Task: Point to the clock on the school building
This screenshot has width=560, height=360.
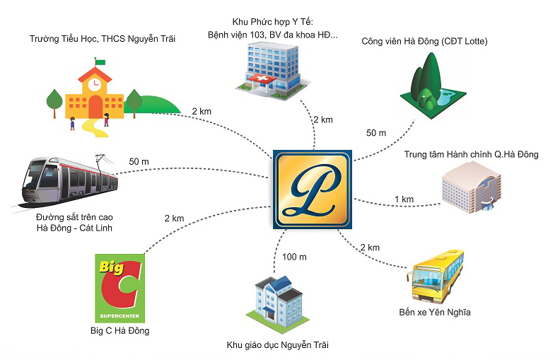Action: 94,85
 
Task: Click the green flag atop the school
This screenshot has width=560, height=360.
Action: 100,62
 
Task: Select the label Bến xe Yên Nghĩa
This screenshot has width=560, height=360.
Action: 435,313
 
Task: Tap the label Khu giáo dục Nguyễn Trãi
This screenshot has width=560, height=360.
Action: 278,345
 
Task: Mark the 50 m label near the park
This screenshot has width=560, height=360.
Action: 376,133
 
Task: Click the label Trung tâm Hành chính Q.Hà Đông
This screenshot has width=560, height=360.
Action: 471,154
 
